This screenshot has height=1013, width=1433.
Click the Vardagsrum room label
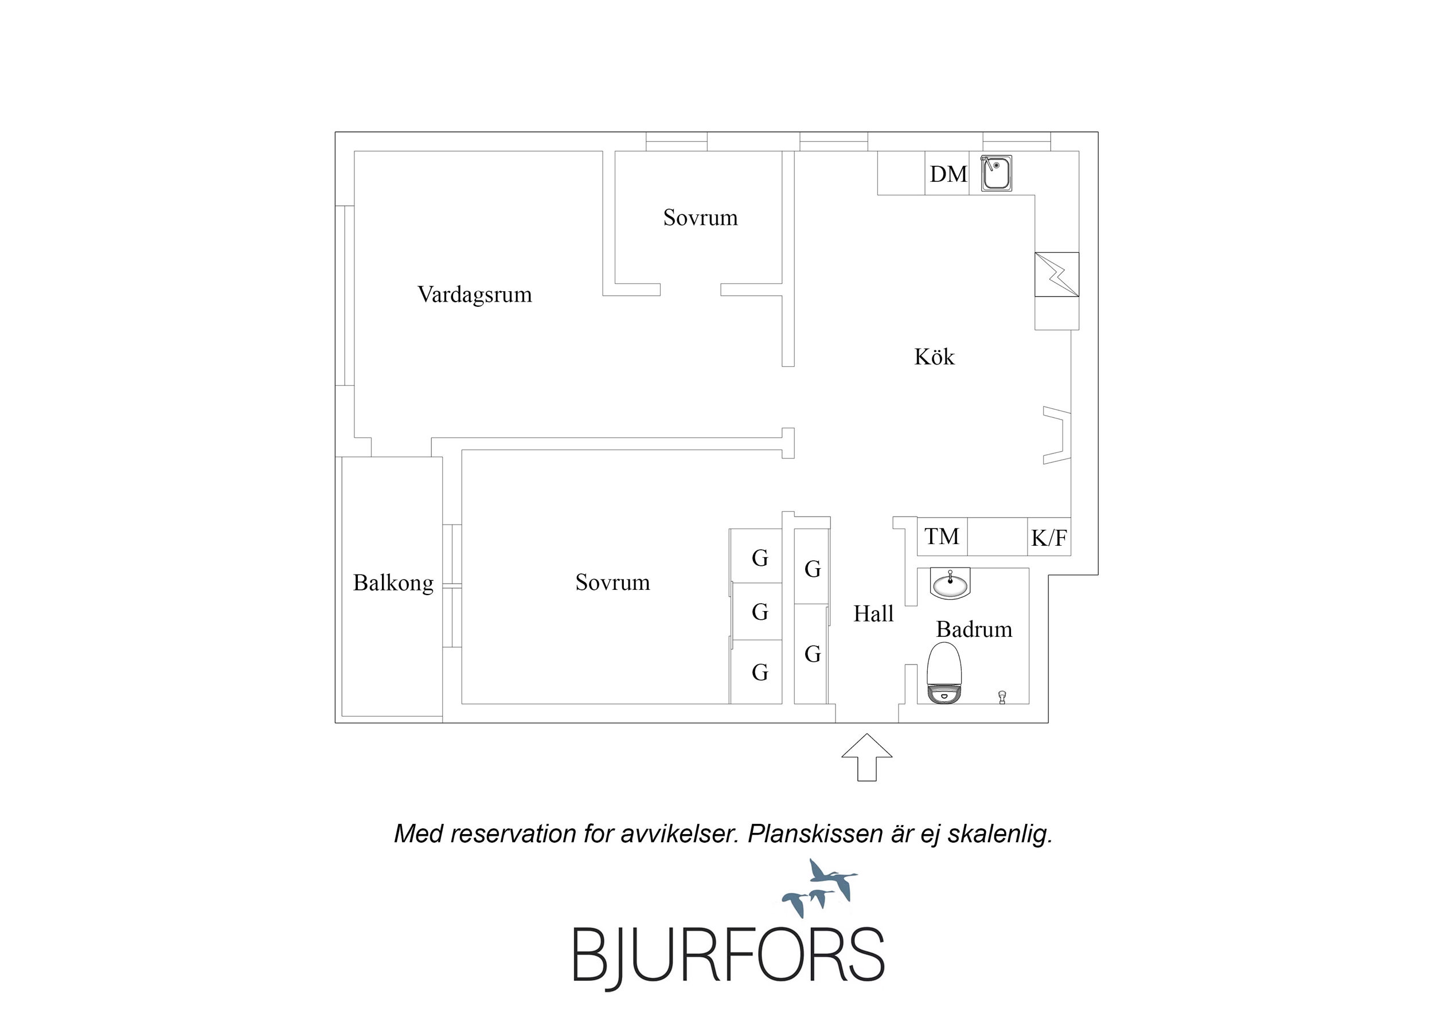(475, 295)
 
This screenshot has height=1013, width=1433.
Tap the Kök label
(934, 357)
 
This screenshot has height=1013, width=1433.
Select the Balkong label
(393, 583)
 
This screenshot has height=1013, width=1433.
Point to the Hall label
(873, 613)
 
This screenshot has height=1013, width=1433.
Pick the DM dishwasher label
(948, 174)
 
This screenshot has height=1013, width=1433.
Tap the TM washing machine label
(942, 536)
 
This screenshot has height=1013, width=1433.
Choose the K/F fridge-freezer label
(1049, 537)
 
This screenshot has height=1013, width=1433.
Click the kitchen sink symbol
(996, 174)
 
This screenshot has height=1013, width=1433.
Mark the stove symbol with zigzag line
(1057, 275)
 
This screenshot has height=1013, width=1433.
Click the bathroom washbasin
(950, 584)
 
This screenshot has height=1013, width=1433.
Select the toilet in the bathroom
(944, 674)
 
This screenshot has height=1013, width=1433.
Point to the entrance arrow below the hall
(867, 757)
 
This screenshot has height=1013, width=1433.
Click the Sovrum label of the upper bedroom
(700, 217)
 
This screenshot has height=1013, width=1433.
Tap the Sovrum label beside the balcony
(612, 582)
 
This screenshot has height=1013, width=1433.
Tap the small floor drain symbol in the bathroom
(1002, 697)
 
